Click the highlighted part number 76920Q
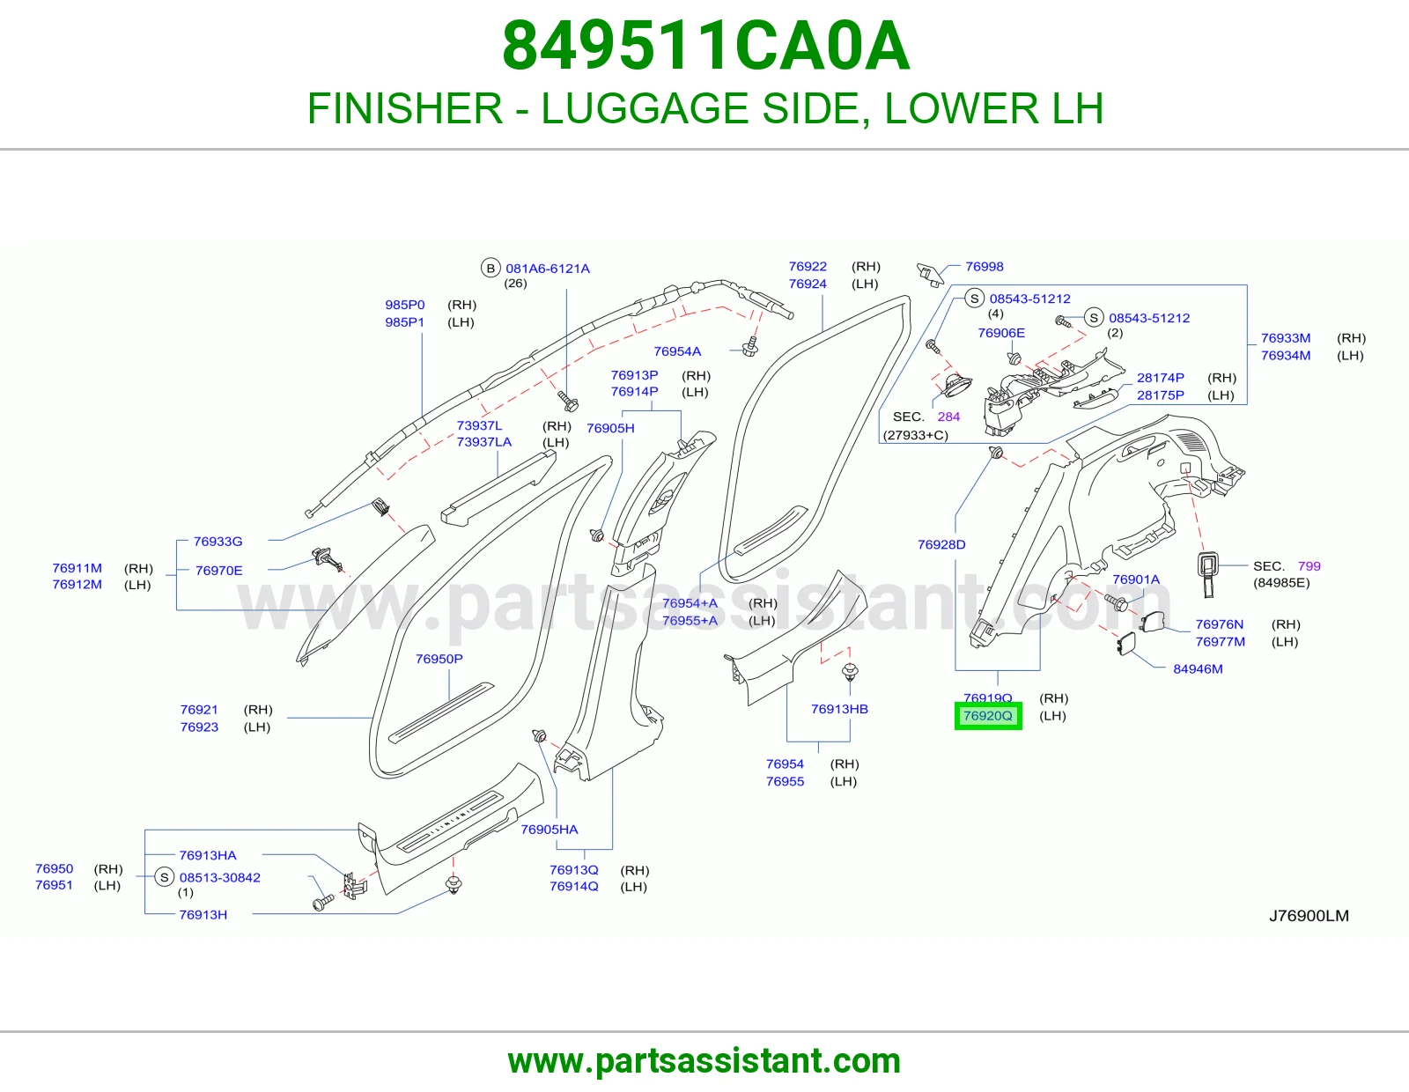(987, 716)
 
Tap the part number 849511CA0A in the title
(705, 46)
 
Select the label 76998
(985, 267)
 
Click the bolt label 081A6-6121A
(548, 269)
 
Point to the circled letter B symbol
(491, 268)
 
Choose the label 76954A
(677, 351)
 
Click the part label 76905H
(610, 428)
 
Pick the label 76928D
(941, 545)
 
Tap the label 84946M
(1198, 669)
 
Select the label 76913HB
(839, 710)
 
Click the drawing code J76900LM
(1309, 916)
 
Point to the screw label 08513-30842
(220, 878)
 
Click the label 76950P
(439, 659)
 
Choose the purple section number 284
(948, 417)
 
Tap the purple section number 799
(1309, 566)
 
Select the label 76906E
(1001, 333)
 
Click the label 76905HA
(550, 830)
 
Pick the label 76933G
(218, 542)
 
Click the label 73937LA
(483, 442)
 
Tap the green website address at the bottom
(704, 1061)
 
